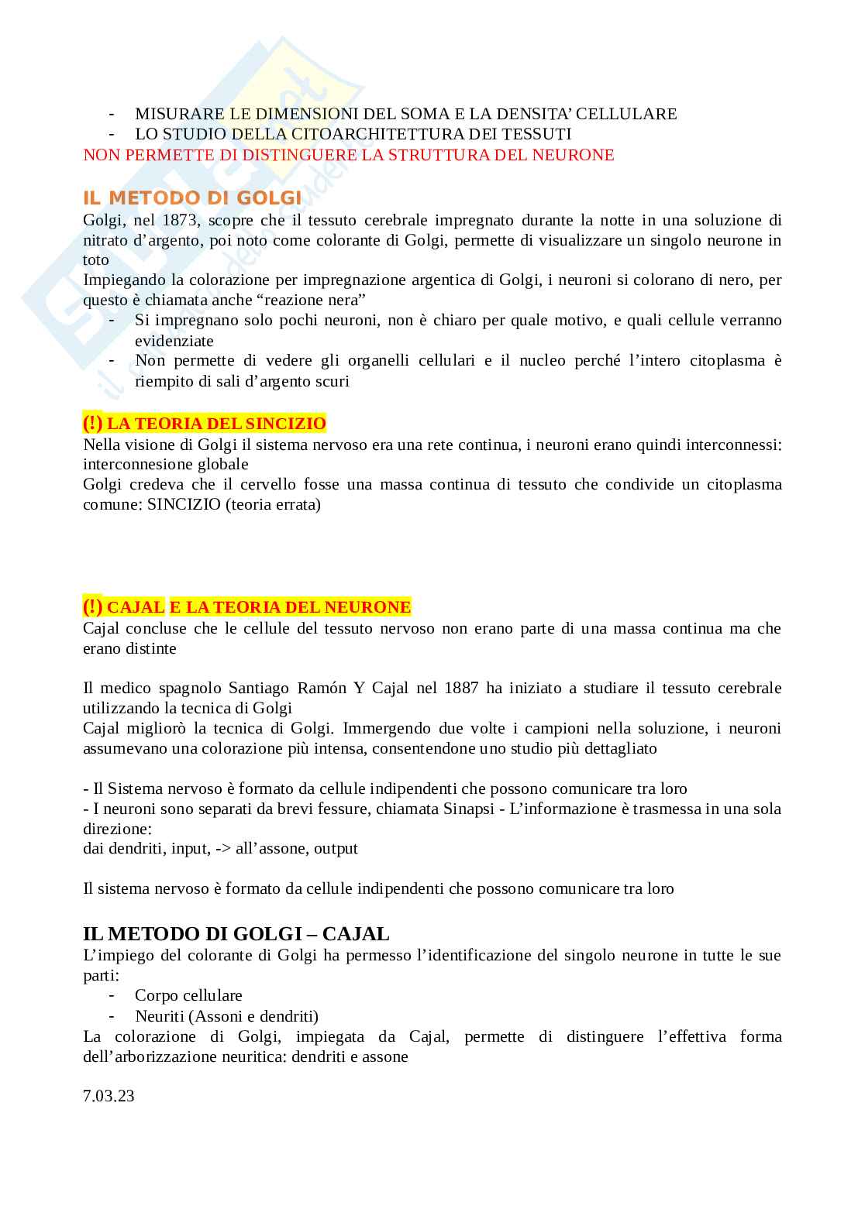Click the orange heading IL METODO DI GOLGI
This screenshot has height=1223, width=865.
[192, 198]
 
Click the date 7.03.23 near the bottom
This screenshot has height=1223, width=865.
[109, 1096]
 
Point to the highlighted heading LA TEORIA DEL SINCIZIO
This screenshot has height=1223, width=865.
[216, 424]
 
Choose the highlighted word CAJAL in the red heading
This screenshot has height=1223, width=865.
[136, 606]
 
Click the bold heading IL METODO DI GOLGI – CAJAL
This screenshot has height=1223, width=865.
[236, 934]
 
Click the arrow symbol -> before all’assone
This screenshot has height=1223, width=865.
[222, 848]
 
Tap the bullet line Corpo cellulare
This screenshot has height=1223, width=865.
[188, 995]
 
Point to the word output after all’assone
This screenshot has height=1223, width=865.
[336, 848]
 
